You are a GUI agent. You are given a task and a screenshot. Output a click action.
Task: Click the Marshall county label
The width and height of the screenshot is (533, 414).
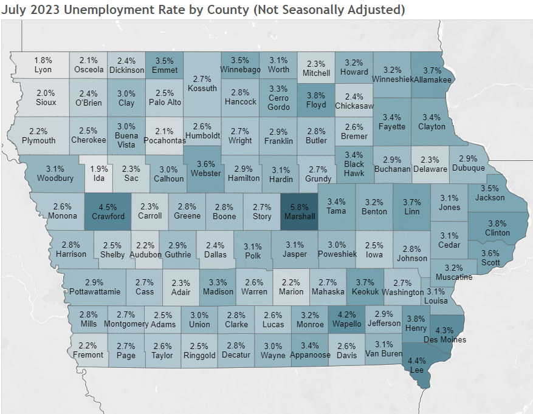(x=298, y=216)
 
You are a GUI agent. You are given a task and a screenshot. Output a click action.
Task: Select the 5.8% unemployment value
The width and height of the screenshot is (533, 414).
(x=298, y=206)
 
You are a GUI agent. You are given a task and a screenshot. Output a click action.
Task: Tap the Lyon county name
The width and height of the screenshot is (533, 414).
(x=43, y=70)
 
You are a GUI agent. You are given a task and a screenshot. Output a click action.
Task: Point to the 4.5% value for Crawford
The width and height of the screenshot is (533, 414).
(x=108, y=206)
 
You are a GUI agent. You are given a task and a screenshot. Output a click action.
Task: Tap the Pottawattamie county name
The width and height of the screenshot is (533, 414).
(x=94, y=292)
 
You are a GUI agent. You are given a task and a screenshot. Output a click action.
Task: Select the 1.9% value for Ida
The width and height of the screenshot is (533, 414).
(x=100, y=169)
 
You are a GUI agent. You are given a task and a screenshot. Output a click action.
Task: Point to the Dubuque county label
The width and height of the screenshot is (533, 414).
(x=468, y=168)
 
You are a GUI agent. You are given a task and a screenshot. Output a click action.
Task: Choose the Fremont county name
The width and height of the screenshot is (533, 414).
(x=88, y=355)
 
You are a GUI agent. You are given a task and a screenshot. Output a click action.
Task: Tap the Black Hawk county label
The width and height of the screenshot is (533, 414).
(x=354, y=168)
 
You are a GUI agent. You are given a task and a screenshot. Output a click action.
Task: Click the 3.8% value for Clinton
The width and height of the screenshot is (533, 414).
(x=497, y=223)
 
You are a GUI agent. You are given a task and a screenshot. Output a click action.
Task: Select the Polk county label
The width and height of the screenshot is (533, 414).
(x=253, y=256)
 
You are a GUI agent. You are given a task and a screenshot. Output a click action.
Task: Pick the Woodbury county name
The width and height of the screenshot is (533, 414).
(x=55, y=178)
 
